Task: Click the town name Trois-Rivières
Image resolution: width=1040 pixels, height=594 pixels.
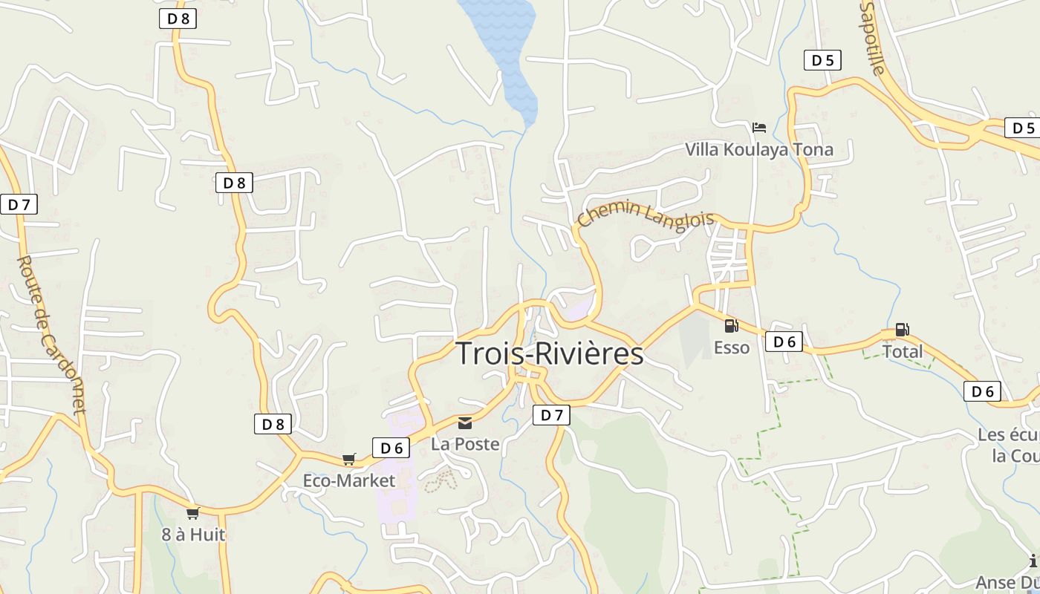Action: [549, 353]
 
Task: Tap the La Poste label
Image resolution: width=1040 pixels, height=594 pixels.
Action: [465, 444]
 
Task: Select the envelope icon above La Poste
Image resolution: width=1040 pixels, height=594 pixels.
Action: [465, 423]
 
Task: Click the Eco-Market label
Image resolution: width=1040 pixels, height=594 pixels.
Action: [348, 480]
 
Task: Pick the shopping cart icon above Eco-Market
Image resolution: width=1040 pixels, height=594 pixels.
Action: [348, 460]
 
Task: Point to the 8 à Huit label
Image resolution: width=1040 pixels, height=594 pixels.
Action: [193, 534]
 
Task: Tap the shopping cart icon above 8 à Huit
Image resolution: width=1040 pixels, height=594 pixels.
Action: [193, 513]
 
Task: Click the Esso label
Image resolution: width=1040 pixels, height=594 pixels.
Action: [731, 347]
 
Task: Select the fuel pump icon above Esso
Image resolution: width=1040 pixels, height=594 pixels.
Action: [731, 325]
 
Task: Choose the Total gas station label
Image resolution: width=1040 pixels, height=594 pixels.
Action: [902, 351]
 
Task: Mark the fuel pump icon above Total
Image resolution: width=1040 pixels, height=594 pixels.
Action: [902, 330]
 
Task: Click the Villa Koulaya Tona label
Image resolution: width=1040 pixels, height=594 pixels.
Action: [758, 149]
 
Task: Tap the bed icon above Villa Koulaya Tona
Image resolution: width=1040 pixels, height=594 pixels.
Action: [758, 128]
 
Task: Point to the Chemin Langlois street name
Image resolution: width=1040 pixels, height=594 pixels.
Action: [646, 216]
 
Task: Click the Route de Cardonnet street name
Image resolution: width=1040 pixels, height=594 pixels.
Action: [51, 335]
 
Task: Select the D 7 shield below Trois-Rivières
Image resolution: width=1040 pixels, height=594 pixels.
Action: [551, 415]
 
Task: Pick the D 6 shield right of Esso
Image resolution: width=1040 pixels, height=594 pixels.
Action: [784, 342]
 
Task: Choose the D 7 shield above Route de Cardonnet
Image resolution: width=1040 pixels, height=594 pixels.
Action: [19, 204]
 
